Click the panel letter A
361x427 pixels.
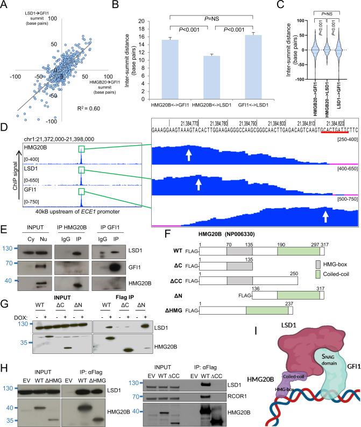point(5,5)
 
